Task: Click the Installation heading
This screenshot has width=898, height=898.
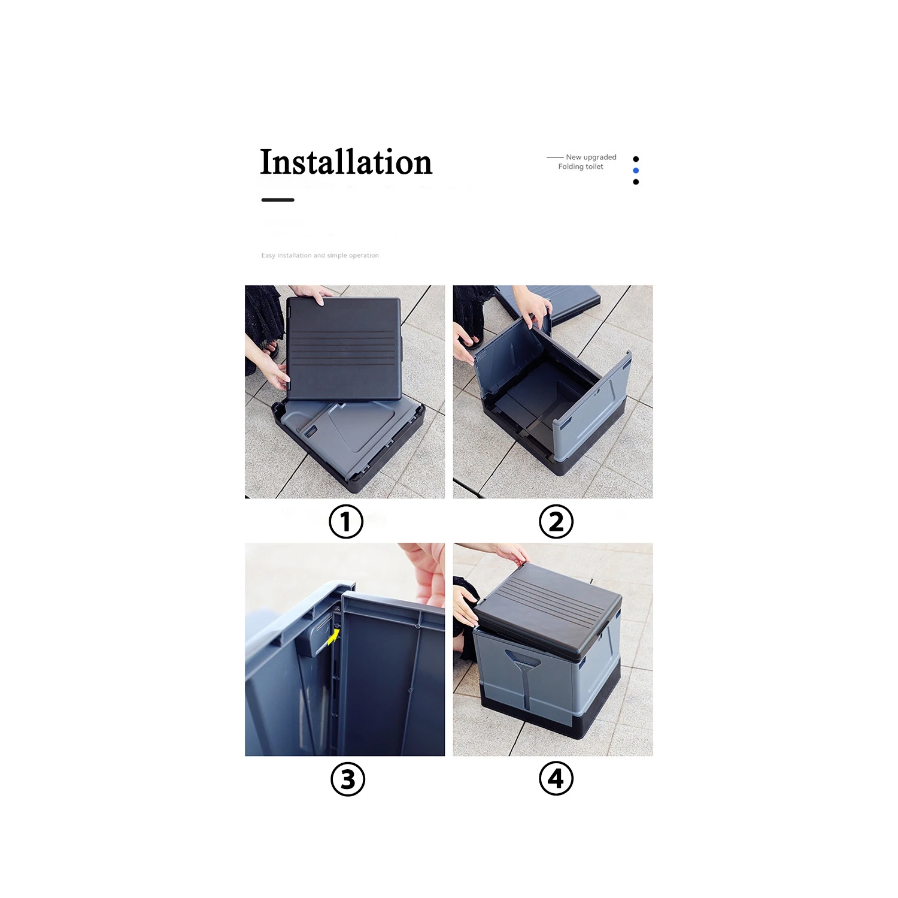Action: click(346, 162)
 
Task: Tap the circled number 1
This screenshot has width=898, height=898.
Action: click(346, 521)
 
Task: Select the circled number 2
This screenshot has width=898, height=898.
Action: click(556, 521)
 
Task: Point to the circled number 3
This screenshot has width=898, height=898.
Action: click(348, 779)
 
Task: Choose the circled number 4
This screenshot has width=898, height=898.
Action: click(556, 778)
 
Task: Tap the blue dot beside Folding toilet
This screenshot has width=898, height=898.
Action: click(636, 171)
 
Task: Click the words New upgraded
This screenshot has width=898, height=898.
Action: click(591, 157)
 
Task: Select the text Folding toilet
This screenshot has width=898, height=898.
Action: click(581, 167)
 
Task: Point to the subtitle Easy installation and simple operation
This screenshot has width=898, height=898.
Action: click(320, 255)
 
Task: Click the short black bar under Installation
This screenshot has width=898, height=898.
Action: click(278, 200)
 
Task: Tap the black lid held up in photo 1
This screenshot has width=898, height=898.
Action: click(343, 347)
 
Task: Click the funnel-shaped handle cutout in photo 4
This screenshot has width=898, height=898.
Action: click(523, 665)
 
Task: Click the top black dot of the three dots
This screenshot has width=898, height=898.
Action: click(636, 159)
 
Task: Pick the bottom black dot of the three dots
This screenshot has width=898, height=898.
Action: click(636, 182)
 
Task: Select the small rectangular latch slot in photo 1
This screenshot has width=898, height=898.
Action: click(310, 431)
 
